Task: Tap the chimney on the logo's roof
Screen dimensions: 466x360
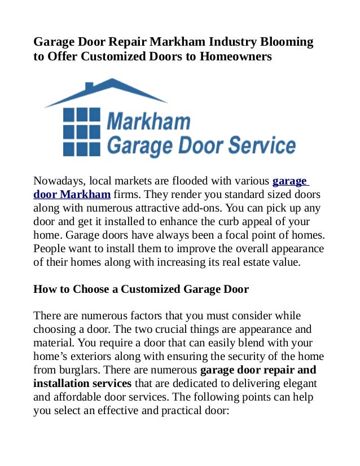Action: pyautogui.click(x=89, y=87)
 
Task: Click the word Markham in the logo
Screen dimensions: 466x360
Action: pyautogui.click(x=148, y=121)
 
